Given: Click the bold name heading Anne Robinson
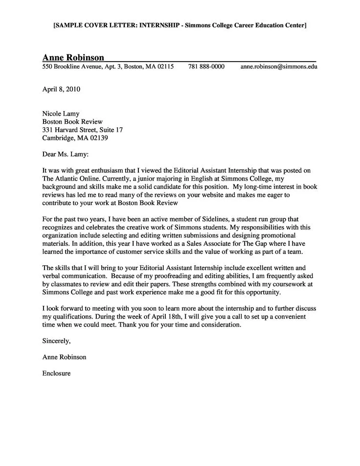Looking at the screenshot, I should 73,57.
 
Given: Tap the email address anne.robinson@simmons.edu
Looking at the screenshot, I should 278,67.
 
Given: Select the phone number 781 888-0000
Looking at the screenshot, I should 206,67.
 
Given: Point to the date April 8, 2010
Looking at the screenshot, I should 61,90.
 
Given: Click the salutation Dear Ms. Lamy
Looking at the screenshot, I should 66,154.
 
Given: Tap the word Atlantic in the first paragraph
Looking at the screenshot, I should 69,179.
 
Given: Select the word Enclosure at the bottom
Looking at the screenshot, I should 57,373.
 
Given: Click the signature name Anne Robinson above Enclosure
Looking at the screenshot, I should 65,357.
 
